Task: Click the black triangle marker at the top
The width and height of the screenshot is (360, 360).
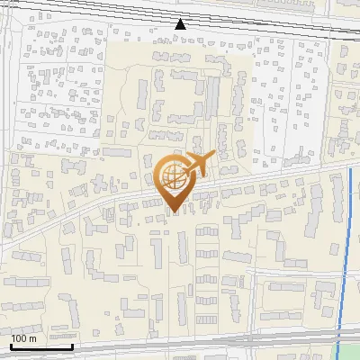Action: pos(181,23)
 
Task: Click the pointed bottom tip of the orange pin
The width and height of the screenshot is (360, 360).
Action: pos(174,211)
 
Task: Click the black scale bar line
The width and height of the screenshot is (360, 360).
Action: pos(41,346)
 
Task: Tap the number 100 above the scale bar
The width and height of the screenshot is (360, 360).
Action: pos(18,338)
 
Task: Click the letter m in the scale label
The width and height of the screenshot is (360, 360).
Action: pos(32,338)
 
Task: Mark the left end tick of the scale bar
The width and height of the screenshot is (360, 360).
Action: pos(11,345)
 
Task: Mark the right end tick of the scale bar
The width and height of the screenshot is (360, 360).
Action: pos(72,345)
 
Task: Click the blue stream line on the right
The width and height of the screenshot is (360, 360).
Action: pos(346,252)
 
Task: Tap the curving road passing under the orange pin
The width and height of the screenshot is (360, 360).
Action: pos(108,203)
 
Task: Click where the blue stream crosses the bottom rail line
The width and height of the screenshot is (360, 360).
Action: pos(340,337)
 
